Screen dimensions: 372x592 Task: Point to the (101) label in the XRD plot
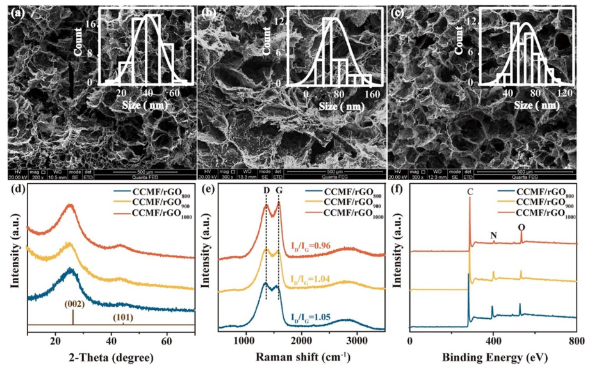point(122,317)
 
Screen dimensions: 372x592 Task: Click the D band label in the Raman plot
point(265,190)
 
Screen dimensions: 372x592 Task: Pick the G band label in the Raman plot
point(279,190)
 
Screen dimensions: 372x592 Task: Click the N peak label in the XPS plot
point(493,235)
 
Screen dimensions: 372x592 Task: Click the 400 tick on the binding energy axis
point(493,340)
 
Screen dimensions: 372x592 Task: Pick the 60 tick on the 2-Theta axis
point(167,340)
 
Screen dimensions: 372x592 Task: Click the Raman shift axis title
point(301,357)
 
